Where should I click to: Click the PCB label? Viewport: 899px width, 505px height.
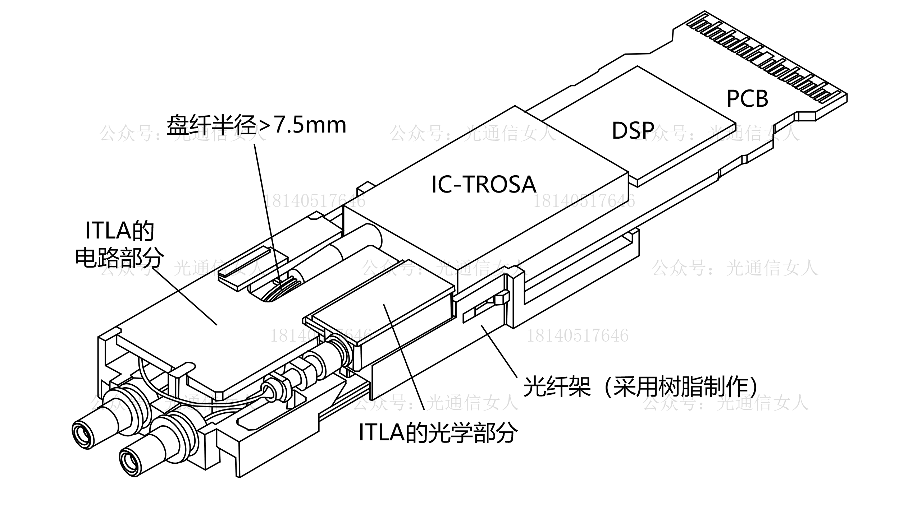pyautogui.click(x=747, y=98)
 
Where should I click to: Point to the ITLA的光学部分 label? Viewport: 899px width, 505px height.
pyautogui.click(x=438, y=433)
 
